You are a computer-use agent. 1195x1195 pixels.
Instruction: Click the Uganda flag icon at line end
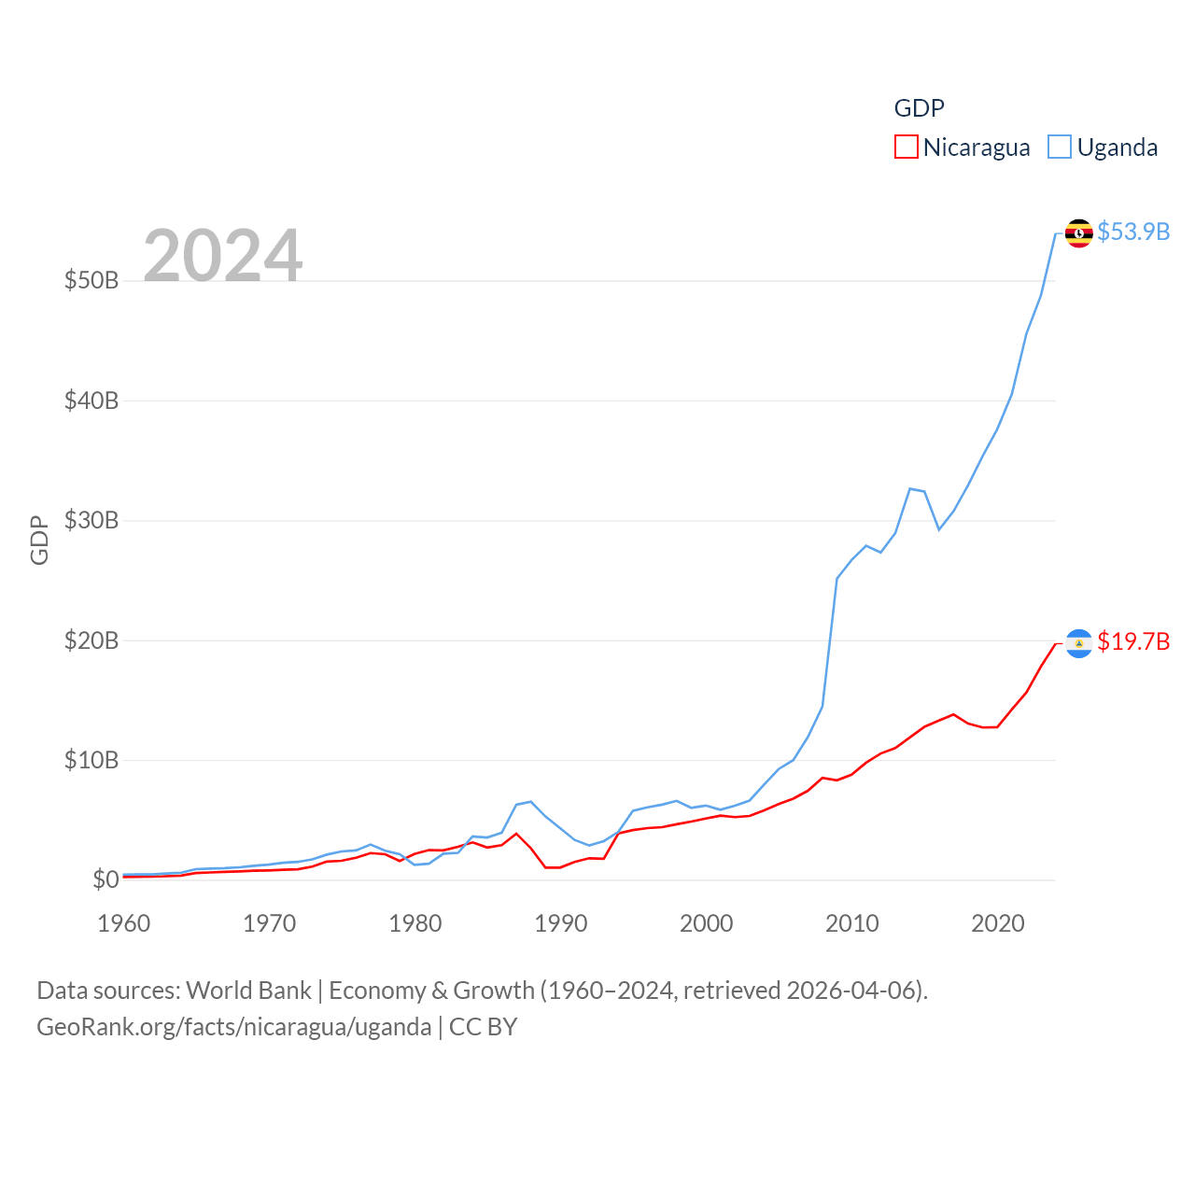[x=1078, y=232]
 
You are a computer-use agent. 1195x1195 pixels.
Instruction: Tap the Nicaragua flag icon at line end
[x=1078, y=643]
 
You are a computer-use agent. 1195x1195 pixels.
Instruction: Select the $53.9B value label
[x=1133, y=232]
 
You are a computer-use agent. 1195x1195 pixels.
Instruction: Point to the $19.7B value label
[x=1133, y=641]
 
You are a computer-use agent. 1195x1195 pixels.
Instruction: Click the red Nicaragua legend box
[x=906, y=148]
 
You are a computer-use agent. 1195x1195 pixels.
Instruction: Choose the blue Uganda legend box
[x=1060, y=148]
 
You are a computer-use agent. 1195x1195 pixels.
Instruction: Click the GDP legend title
[x=919, y=108]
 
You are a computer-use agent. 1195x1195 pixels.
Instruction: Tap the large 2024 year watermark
[x=222, y=255]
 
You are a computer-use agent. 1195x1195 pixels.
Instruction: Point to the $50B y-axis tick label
[x=91, y=280]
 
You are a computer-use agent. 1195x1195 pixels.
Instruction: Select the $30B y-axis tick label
[x=91, y=520]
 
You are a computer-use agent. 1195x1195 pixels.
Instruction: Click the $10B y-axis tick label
[x=91, y=760]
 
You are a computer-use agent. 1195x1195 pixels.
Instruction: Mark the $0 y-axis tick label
[x=105, y=879]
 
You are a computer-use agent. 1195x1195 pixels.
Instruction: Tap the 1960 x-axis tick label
[x=124, y=923]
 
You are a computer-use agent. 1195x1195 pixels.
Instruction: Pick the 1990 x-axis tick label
[x=561, y=923]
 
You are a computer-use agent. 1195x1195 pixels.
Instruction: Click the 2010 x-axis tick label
[x=852, y=923]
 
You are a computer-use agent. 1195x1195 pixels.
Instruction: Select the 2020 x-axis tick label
[x=998, y=923]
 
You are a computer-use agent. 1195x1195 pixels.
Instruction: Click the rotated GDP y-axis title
[x=39, y=540]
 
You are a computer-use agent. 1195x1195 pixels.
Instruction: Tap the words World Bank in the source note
[x=248, y=991]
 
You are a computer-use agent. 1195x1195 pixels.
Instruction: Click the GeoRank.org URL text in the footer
[x=233, y=1027]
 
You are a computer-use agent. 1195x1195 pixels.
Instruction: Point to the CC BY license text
[x=483, y=1027]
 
